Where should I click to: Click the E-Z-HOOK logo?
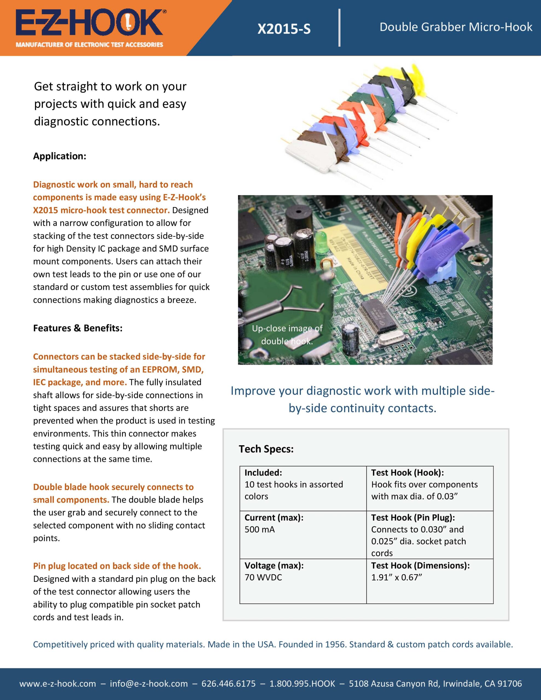pos(89,23)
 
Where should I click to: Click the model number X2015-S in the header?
pos(284,29)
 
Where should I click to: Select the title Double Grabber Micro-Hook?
pos(456,27)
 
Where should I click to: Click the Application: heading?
pos(60,156)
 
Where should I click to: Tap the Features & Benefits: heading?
pos(78,328)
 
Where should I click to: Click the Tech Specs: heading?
pos(266,449)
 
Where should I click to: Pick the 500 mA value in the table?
pos(260,529)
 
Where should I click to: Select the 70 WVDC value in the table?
pos(263,577)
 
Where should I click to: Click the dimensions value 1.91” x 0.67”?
pos(396,577)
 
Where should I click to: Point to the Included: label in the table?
pos(263,472)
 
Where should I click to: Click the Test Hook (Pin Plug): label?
pos(413,517)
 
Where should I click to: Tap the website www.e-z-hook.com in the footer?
pos(57,683)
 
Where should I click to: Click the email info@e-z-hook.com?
pos(149,683)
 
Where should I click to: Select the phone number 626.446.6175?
pos(228,683)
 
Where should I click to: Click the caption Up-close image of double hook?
pos(287,335)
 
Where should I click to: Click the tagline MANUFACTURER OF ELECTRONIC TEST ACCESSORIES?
pos(89,45)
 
